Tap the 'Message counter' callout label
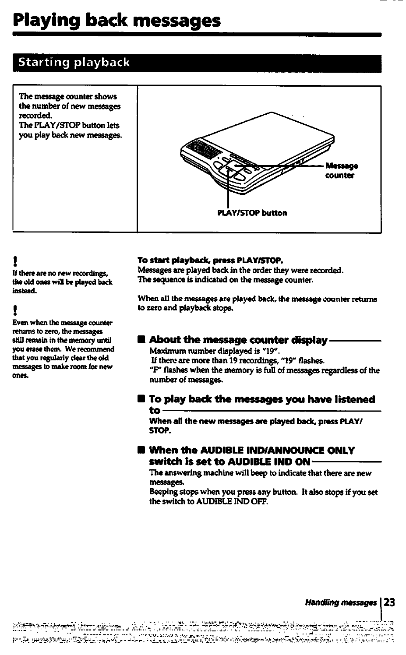[x=341, y=171]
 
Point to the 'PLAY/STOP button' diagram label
[x=252, y=213]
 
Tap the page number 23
[x=389, y=602]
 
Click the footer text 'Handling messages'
[x=341, y=603]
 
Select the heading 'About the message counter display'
[x=238, y=340]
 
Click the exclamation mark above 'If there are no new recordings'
[x=16, y=263]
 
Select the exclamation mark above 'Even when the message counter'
[x=16, y=312]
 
